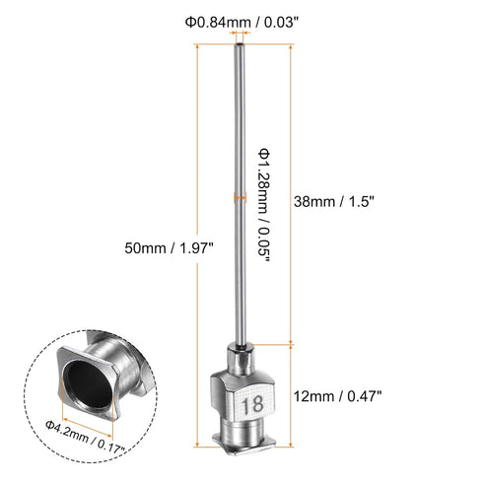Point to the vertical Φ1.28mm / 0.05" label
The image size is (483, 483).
point(265,202)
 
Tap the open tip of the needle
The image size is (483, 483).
point(240,45)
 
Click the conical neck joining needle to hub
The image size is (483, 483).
point(240,351)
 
